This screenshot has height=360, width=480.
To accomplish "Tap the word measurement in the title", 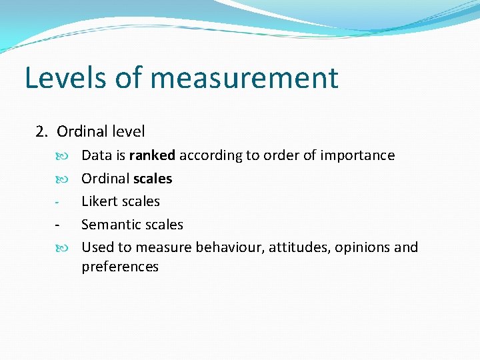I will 244,79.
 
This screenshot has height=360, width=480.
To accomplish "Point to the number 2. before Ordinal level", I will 42,131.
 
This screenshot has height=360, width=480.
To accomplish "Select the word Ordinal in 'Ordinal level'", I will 82,131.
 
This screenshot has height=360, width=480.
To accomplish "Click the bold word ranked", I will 152,155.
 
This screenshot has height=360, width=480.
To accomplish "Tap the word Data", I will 97,155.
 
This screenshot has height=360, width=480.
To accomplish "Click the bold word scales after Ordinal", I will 153,179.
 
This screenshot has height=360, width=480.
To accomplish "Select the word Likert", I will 99,201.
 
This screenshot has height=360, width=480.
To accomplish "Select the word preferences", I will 120,267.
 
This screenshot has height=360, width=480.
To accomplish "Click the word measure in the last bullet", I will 163,247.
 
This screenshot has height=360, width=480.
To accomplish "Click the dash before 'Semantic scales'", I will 58,225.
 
